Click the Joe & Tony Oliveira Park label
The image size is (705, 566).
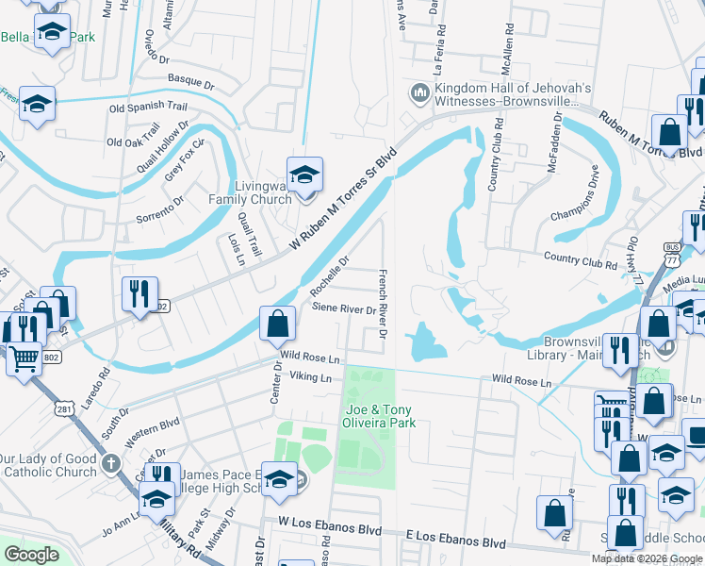coord(381,416)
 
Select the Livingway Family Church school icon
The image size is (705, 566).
coord(304,175)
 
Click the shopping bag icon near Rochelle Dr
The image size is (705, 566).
coord(277,325)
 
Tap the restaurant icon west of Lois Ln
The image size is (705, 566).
coord(139,294)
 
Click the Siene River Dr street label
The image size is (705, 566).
coord(344,308)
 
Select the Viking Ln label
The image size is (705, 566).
coord(311,377)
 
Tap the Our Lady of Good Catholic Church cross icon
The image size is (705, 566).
coord(111,464)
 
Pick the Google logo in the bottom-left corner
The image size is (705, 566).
coord(31,555)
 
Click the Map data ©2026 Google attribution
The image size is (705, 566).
coord(647,558)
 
